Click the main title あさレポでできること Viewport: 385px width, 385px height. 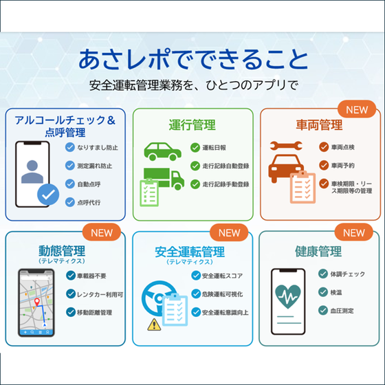[193, 59]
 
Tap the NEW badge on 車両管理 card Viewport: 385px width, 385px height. [357, 109]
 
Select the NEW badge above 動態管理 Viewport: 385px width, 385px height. [102, 232]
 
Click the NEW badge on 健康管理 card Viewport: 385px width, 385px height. [354, 232]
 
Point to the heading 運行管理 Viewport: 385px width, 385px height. [192, 124]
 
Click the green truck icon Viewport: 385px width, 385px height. [164, 179]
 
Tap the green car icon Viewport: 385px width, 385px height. [162, 151]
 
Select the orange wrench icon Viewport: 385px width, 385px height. [286, 146]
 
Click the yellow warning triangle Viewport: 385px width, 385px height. [154, 324]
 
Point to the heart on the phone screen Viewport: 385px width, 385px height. [288, 296]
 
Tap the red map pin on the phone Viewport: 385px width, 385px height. [37, 302]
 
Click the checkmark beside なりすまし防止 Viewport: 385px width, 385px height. [70, 147]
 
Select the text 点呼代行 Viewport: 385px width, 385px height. [89, 203]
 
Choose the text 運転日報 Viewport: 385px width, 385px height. [214, 148]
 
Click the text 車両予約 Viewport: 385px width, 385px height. [343, 166]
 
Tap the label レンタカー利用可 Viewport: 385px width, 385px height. [100, 294]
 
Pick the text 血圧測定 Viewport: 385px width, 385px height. [342, 311]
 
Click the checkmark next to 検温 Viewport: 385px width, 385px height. [323, 292]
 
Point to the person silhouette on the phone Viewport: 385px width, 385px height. [32, 171]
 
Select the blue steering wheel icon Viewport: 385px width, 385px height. [157, 298]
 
